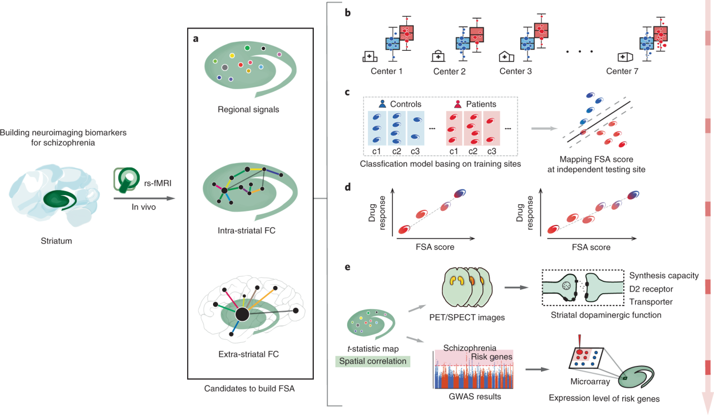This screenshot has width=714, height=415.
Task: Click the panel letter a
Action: click(195, 39)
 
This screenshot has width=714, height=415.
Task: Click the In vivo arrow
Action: click(144, 198)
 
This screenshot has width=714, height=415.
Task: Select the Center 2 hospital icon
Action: click(438, 56)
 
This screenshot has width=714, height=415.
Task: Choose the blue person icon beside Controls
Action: click(383, 104)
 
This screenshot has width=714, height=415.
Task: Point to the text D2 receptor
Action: click(651, 289)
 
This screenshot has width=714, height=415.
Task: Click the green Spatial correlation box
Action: click(372, 361)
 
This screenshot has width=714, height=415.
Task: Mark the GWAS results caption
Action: click(472, 397)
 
